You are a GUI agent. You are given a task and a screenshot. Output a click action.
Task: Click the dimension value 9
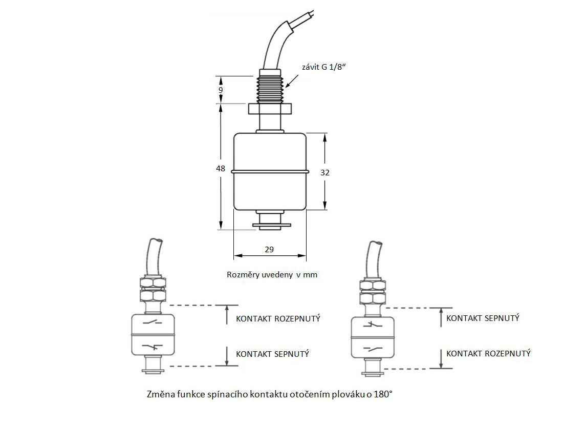click(x=221, y=90)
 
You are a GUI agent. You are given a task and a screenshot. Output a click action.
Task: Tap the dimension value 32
click(x=325, y=172)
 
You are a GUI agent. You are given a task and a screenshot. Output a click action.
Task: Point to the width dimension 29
click(x=270, y=249)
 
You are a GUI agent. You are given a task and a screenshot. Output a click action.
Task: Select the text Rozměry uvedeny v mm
click(x=272, y=275)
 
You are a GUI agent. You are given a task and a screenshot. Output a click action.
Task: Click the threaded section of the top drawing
click(x=270, y=89)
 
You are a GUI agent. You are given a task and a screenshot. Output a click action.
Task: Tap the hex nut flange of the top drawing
click(x=270, y=109)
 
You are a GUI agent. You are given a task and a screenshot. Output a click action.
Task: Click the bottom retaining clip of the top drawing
click(x=270, y=224)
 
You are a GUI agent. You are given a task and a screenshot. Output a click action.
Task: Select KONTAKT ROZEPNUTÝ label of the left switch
click(x=278, y=318)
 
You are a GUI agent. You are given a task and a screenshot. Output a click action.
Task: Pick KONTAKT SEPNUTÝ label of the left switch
click(x=272, y=354)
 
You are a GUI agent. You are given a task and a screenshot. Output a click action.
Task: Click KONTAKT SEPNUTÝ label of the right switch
click(x=483, y=318)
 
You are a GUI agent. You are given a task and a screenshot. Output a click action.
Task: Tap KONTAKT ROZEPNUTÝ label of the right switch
click(x=488, y=353)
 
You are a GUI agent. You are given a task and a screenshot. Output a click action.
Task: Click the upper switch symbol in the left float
click(x=154, y=323)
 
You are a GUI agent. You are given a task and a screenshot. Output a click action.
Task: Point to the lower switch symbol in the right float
click(x=372, y=348)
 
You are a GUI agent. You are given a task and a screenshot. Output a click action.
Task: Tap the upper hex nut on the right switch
click(x=372, y=285)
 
